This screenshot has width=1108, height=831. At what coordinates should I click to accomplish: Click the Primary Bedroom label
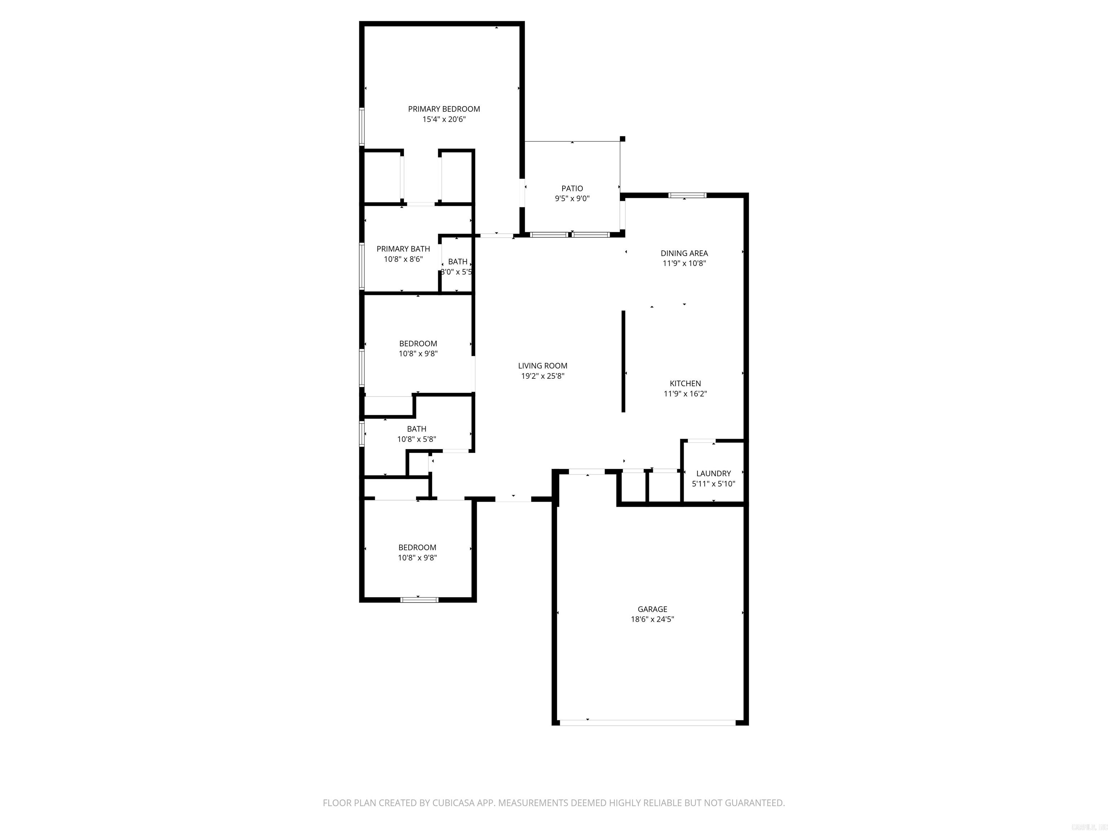444,109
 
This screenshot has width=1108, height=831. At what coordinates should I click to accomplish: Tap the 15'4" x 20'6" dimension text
444,119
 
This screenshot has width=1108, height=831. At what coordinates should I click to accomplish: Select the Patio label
572,188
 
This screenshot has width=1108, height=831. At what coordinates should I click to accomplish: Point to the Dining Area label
684,253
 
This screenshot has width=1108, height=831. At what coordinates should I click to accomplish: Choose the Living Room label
542,366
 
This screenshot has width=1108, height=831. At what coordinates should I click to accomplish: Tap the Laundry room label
713,473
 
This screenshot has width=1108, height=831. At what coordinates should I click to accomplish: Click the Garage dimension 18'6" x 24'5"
652,619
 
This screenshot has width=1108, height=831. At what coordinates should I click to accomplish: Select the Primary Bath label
403,249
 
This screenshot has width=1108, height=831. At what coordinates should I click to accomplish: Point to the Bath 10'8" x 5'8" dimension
417,439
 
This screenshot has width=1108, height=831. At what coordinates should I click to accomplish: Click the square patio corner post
623,139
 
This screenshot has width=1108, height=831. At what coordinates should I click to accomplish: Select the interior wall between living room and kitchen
624,361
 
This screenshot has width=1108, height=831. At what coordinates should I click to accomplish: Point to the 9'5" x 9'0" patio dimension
572,198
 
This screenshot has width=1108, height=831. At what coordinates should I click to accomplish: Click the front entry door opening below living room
513,499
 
